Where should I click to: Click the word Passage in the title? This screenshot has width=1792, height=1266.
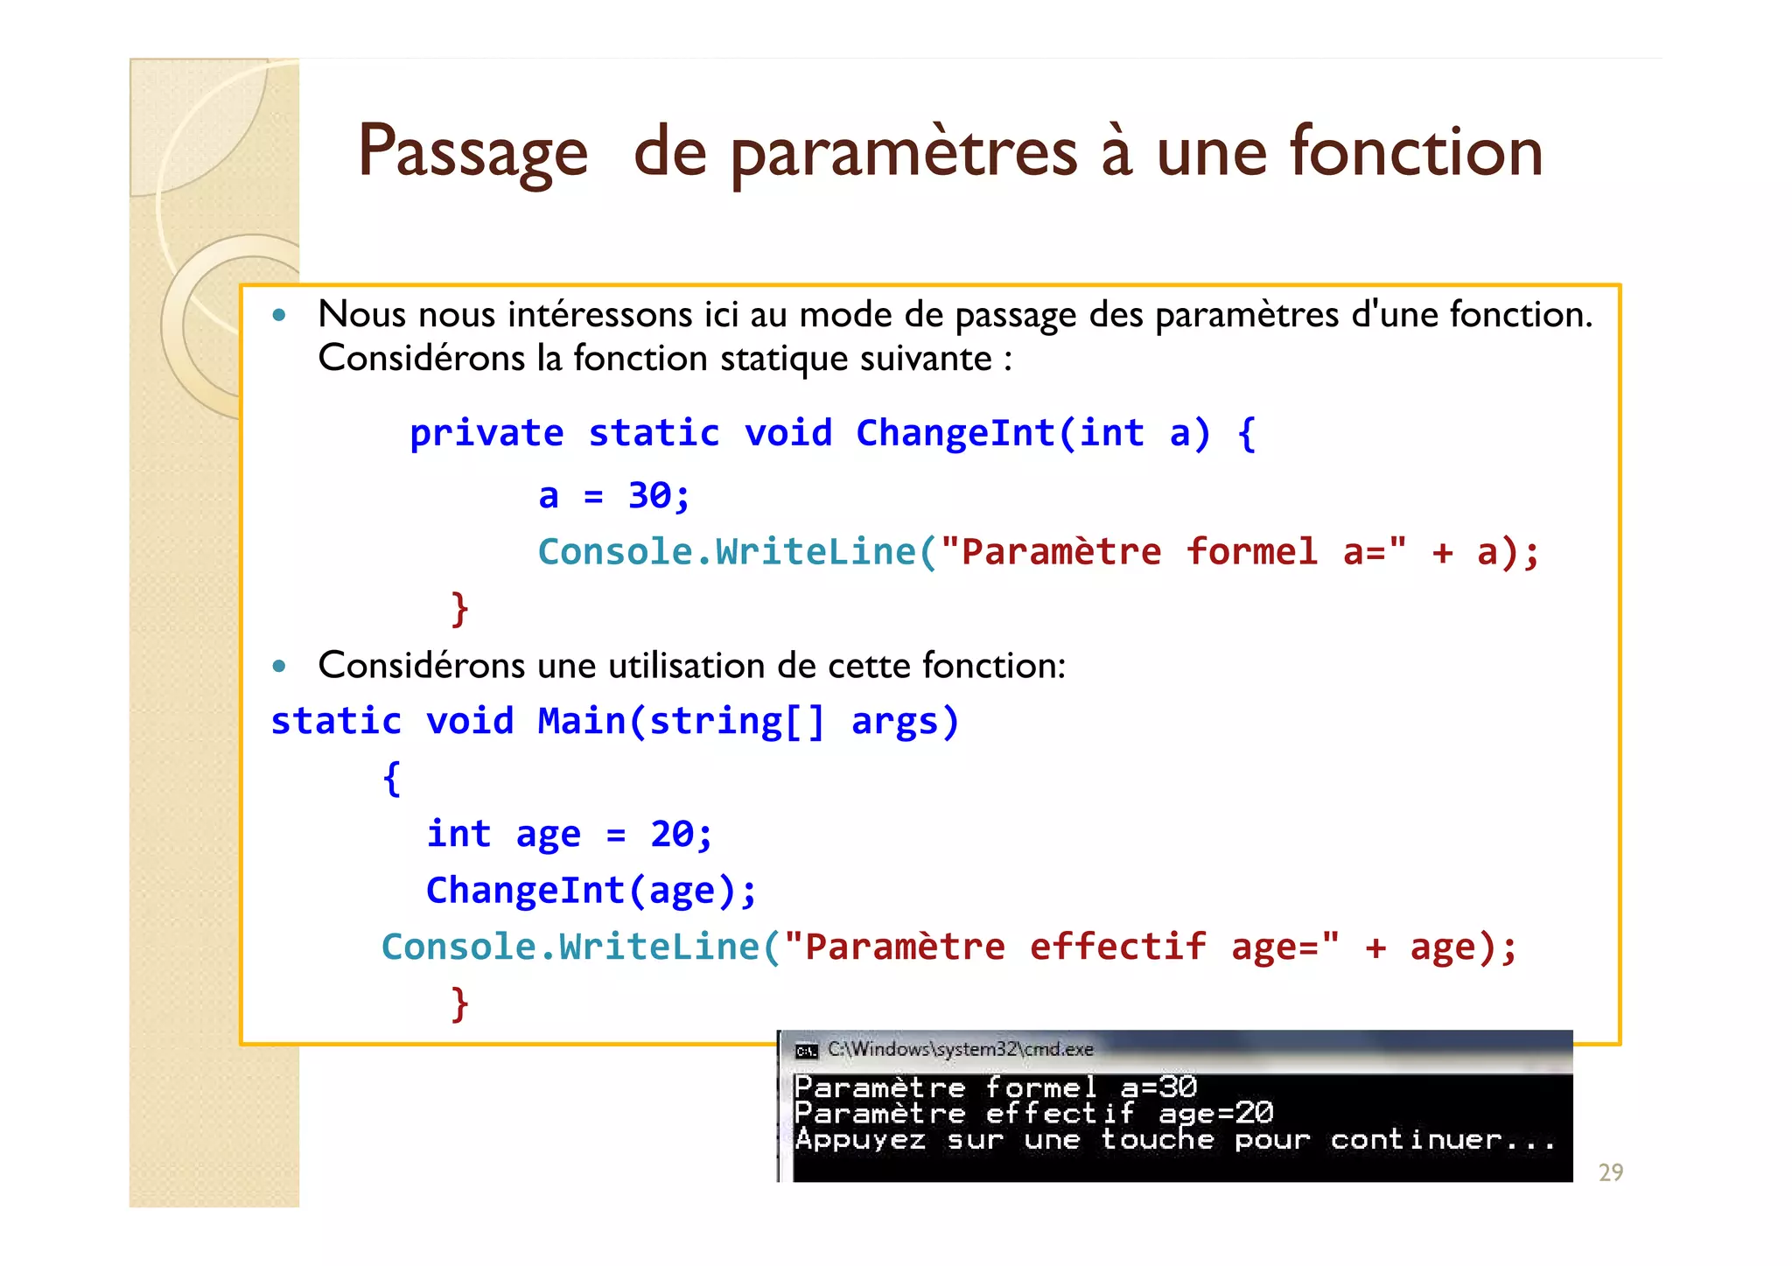pyautogui.click(x=472, y=152)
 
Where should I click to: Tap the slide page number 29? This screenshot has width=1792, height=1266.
pyautogui.click(x=1610, y=1172)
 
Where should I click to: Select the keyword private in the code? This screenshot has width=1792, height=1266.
pyautogui.click(x=486, y=434)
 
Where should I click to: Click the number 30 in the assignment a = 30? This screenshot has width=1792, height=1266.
pyautogui.click(x=650, y=496)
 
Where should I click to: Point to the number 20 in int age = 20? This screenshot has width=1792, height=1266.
pyautogui.click(x=672, y=834)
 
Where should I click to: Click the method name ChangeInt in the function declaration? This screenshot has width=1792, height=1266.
pyautogui.click(x=955, y=434)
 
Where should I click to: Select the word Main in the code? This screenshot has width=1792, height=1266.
pyautogui.click(x=581, y=722)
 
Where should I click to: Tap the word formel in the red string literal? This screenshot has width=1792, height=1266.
pyautogui.click(x=1251, y=552)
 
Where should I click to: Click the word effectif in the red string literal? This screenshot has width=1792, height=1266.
pyautogui.click(x=1117, y=947)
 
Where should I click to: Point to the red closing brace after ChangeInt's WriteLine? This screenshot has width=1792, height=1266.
pyautogui.click(x=459, y=608)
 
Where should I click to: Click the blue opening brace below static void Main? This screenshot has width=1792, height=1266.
pyautogui.click(x=392, y=778)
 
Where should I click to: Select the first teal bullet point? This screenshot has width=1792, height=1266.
pyautogui.click(x=279, y=315)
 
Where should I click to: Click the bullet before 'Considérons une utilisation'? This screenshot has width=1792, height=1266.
pyautogui.click(x=279, y=667)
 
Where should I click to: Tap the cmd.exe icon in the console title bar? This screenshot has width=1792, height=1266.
pyautogui.click(x=806, y=1051)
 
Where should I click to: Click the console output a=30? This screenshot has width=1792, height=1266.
pyautogui.click(x=1158, y=1088)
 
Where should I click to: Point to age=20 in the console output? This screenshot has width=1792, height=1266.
pyautogui.click(x=1215, y=1113)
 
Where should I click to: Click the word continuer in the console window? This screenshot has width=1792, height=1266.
pyautogui.click(x=1416, y=1140)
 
